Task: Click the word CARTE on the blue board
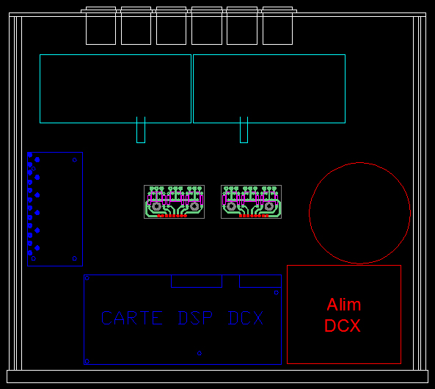coord(132,318)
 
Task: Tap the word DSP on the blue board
coord(195,318)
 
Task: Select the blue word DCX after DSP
coord(246,318)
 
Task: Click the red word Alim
coord(344,305)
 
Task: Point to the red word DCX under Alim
coord(343,325)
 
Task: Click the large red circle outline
coord(310,213)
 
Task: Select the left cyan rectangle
coord(40,89)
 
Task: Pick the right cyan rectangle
coord(345,89)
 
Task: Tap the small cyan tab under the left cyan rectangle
coord(141,142)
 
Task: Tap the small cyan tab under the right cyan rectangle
coord(244,142)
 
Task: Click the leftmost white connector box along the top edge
coord(100,44)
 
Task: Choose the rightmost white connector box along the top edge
coord(277,44)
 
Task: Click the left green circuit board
coord(175,202)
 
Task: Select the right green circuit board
coord(251,202)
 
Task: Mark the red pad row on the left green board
coord(172,216)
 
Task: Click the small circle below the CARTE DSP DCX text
coord(200,353)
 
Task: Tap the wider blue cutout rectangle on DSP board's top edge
coord(197,288)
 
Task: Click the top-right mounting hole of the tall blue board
coord(75,160)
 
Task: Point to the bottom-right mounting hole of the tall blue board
coord(75,258)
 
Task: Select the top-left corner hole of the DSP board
coord(87,278)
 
